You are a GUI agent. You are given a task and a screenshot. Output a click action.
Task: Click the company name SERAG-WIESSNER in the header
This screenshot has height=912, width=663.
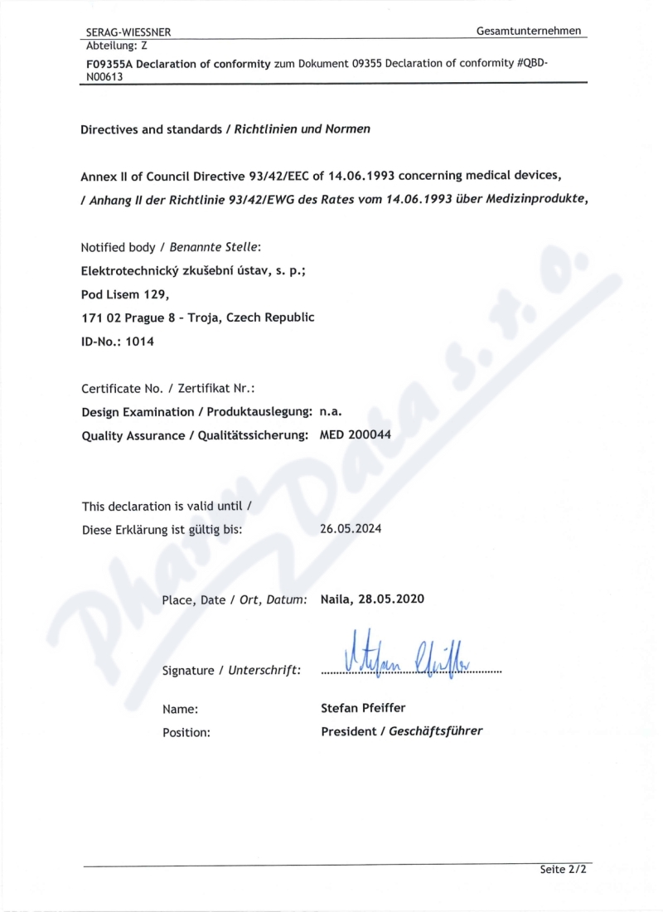(x=128, y=32)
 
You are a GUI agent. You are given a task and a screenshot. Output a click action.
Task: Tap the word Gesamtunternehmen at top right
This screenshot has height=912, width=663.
(x=529, y=31)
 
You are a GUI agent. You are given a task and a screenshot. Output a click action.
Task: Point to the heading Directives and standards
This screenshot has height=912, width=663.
(x=152, y=129)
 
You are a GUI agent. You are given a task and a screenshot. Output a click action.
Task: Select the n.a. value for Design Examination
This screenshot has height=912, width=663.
(x=331, y=411)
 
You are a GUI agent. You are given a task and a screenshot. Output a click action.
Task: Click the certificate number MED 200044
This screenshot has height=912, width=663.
(x=356, y=434)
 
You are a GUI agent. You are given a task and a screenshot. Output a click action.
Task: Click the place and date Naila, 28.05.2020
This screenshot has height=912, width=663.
(x=372, y=599)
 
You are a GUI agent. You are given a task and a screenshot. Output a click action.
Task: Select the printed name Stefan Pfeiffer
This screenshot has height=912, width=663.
(x=363, y=708)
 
